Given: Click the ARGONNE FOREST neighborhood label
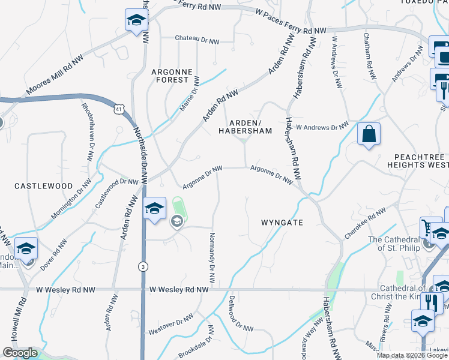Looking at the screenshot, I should [172, 75].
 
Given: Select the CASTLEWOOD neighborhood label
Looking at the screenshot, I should [43, 186].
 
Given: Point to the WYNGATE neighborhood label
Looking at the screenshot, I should [282, 222].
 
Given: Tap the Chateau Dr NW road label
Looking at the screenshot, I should [197, 38].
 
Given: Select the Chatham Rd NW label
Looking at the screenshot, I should [370, 56].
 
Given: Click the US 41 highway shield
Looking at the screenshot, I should [118, 109].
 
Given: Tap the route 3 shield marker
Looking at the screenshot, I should [142, 266].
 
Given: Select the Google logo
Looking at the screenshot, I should [20, 353].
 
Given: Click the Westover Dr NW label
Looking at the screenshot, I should [171, 323].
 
